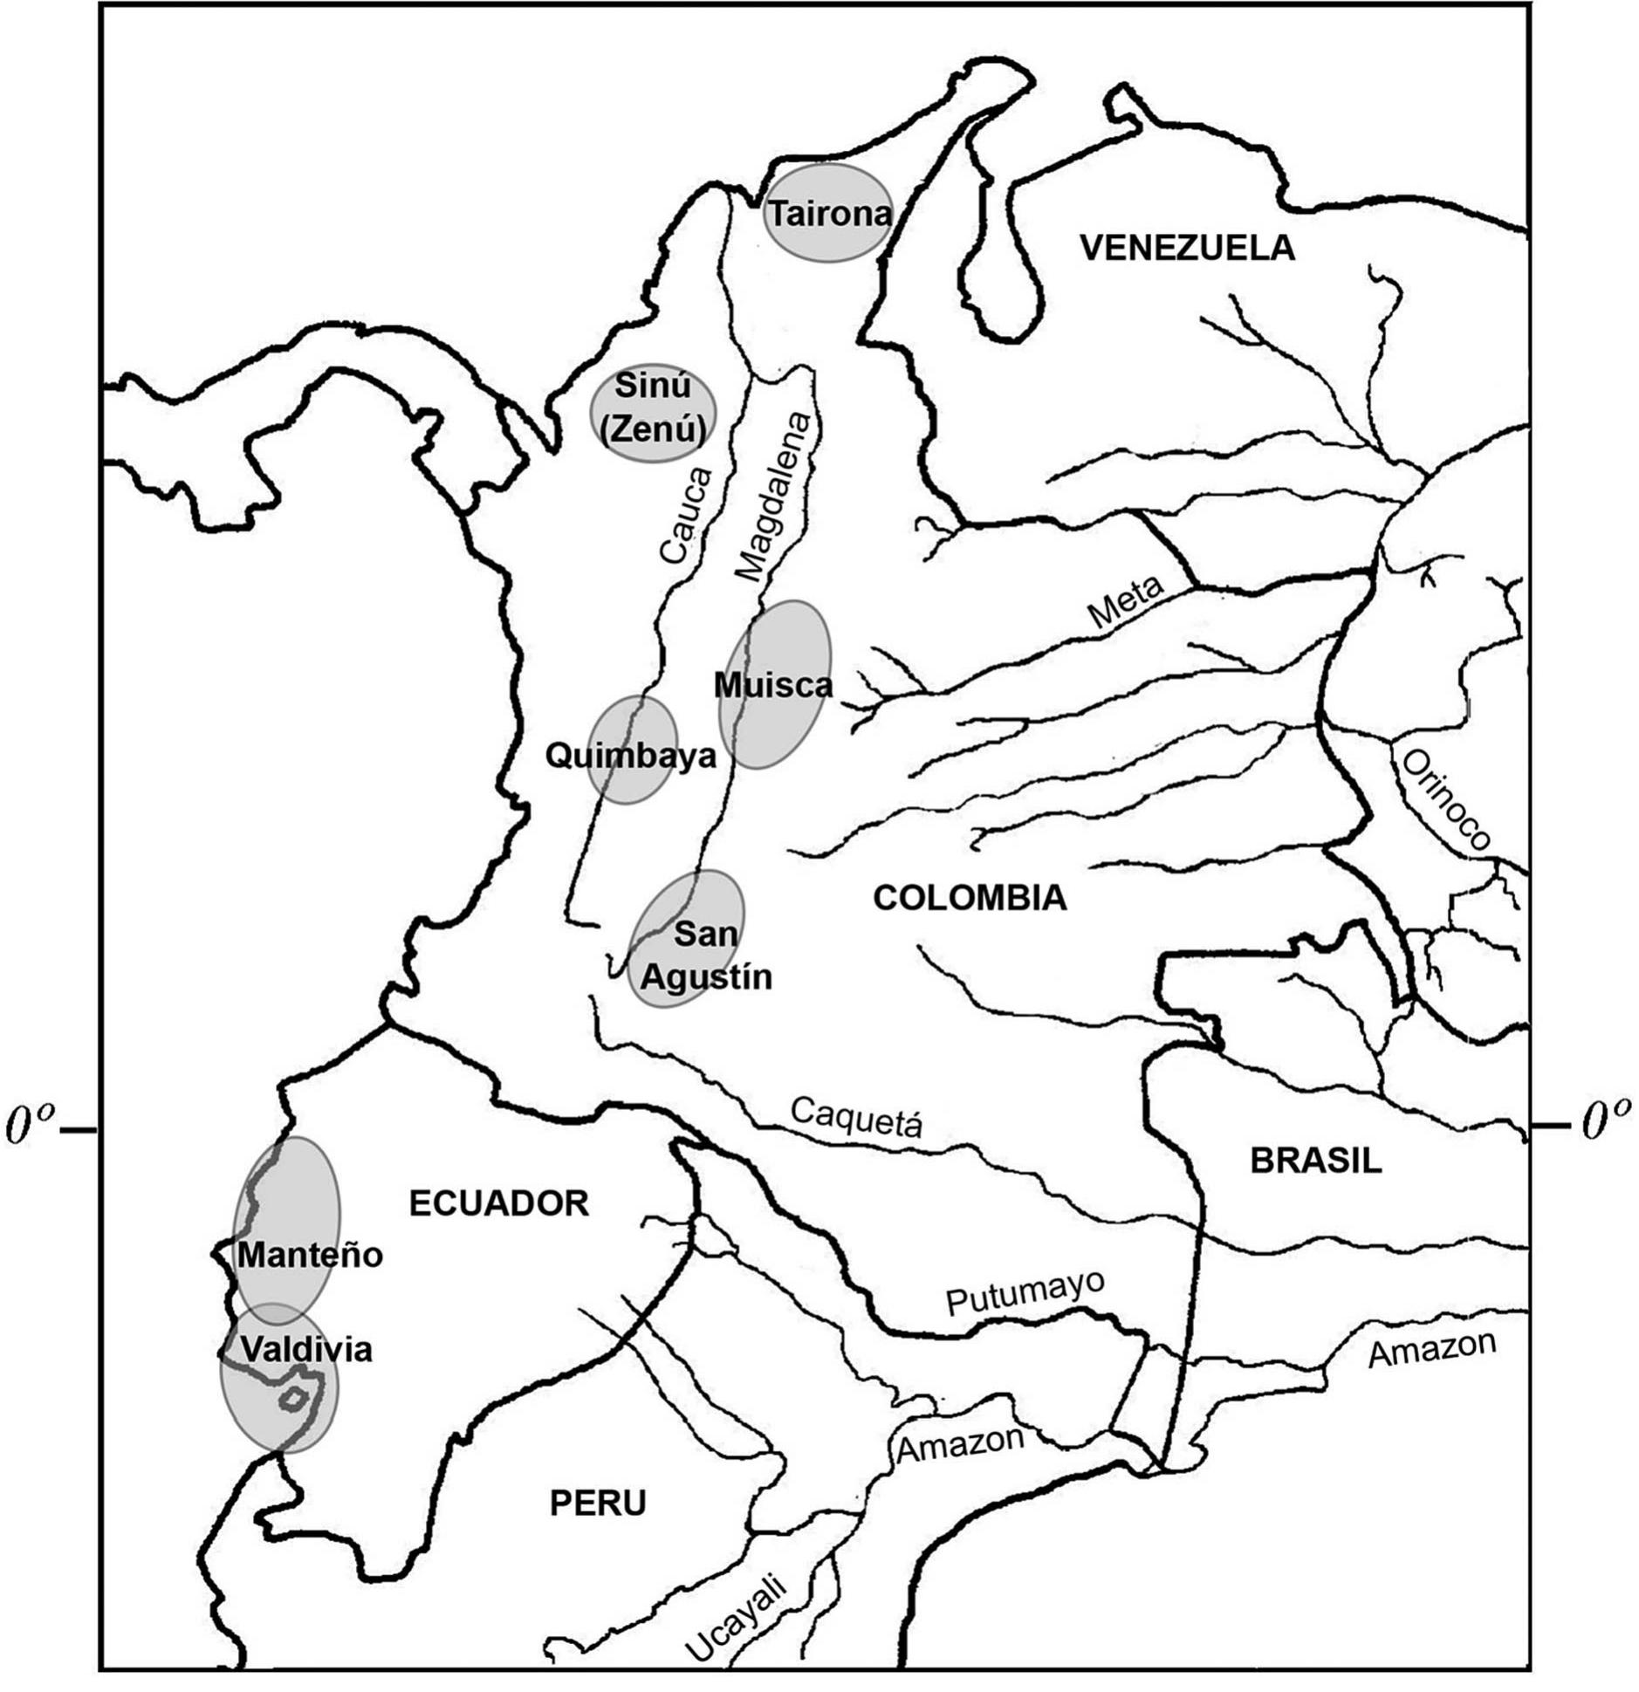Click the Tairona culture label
click(828, 214)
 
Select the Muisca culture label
click(773, 685)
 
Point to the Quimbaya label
click(630, 756)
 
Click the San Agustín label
click(706, 956)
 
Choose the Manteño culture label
click(310, 1255)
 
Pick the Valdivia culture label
click(306, 1349)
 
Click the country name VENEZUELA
click(1187, 249)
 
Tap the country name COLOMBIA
click(970, 898)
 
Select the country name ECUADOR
click(499, 1204)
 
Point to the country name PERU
click(598, 1504)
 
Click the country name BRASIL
click(1316, 1161)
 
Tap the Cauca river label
click(685, 516)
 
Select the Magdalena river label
click(773, 497)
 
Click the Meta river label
click(1126, 602)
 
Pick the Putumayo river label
click(1025, 1291)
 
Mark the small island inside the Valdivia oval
click(293, 1399)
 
